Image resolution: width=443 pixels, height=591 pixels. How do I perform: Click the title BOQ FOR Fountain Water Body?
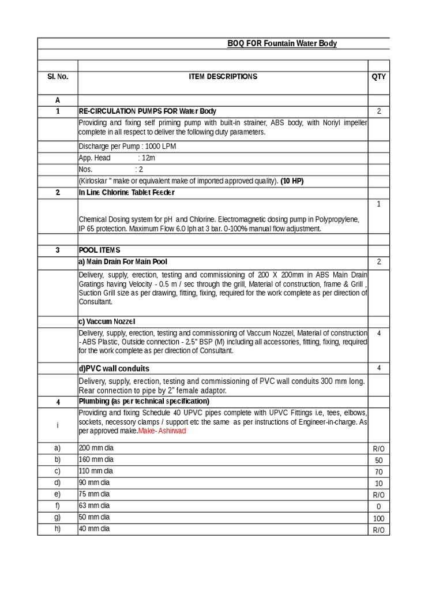[x=282, y=44]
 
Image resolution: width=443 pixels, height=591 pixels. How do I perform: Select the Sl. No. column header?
[x=58, y=77]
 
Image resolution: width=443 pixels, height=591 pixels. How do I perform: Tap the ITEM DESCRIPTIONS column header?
[x=223, y=77]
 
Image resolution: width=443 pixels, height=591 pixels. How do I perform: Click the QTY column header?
[x=378, y=77]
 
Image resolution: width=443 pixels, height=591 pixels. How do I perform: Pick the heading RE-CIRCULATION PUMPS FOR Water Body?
[x=148, y=111]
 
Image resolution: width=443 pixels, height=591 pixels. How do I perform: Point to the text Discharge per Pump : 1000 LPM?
[x=127, y=146]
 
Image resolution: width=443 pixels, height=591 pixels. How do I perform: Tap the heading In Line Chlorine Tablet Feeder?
[x=127, y=192]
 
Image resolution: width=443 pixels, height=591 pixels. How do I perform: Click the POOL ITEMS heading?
[x=100, y=250]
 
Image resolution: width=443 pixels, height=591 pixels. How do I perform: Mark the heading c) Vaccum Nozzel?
[x=107, y=321]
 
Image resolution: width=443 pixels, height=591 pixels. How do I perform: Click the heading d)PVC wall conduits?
[x=114, y=368]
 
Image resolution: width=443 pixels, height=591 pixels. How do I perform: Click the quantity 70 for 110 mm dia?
[x=378, y=472]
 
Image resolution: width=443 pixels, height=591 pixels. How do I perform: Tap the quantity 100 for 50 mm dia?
[x=378, y=518]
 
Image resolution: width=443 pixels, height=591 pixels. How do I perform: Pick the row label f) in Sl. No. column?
[x=58, y=506]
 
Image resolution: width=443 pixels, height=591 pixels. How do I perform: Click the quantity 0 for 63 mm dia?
[x=378, y=507]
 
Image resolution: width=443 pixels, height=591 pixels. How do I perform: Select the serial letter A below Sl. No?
[x=58, y=100]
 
